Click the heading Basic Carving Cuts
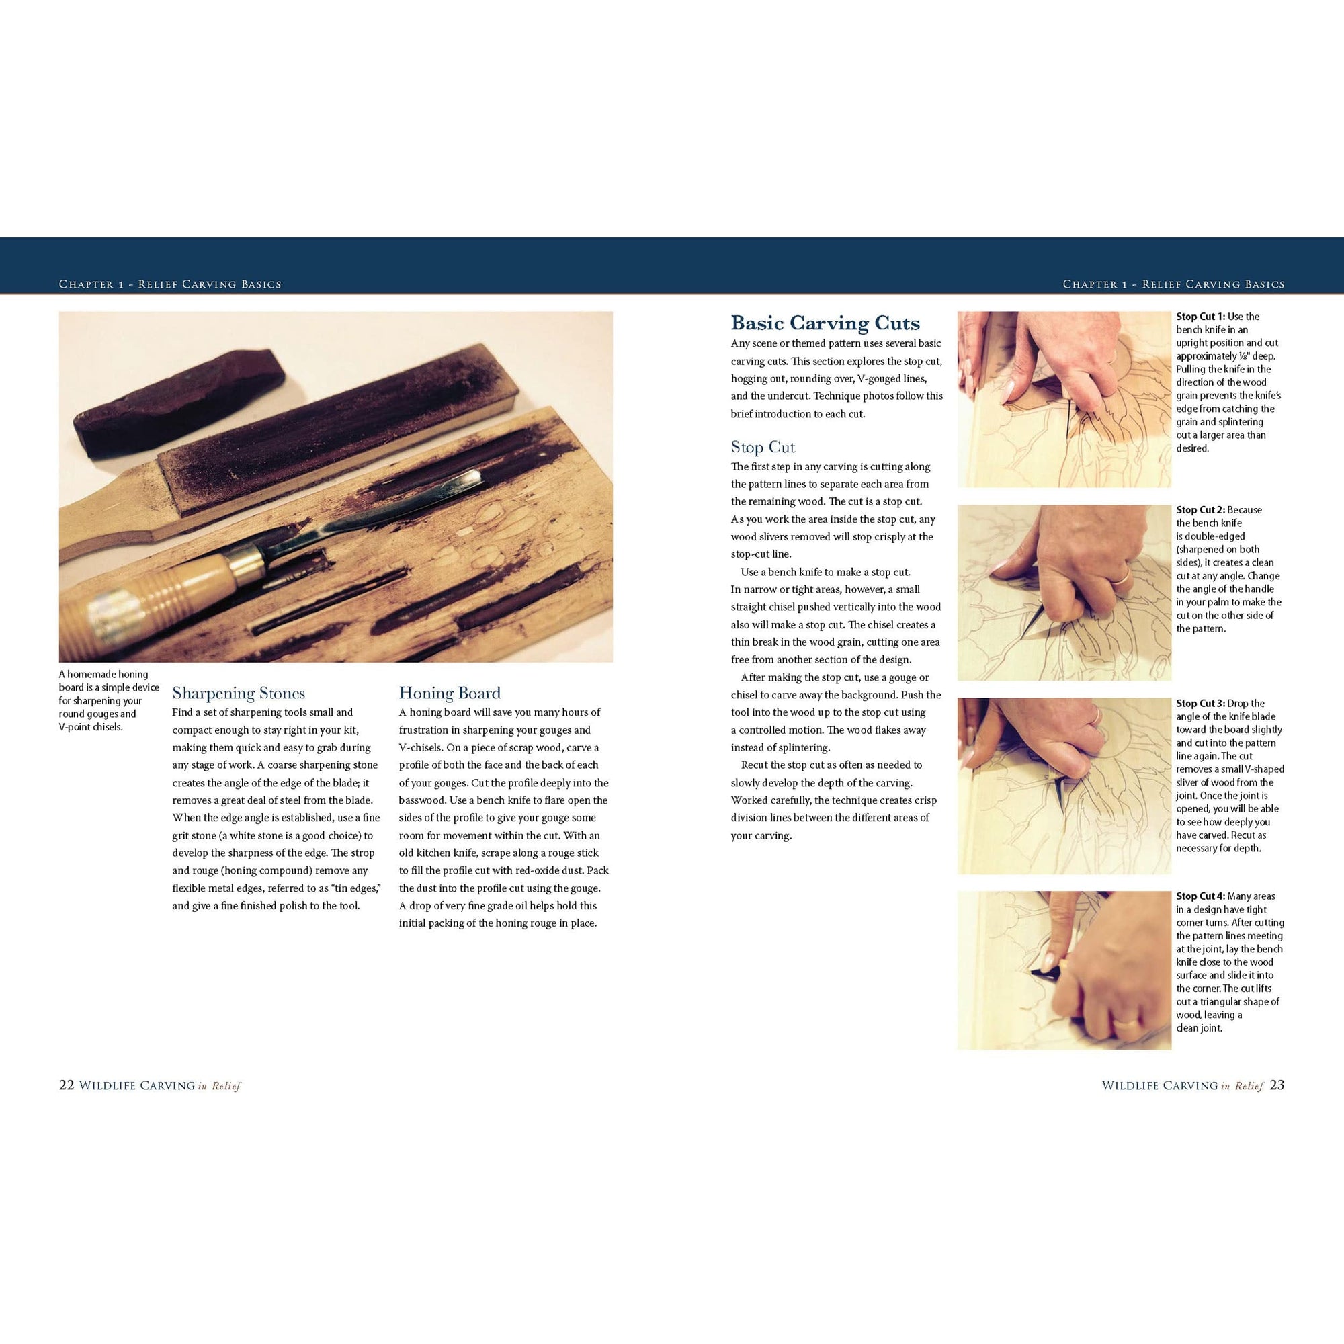[825, 323]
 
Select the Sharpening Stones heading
[239, 693]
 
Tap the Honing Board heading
[450, 693]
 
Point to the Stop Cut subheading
[763, 447]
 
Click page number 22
[66, 1085]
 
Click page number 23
[1277, 1085]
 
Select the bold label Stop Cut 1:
[1201, 317]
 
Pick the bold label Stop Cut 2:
[1201, 510]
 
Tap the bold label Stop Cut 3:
[1201, 704]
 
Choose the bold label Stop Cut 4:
[1201, 896]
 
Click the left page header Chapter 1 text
[170, 284]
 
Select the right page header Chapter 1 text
[1173, 284]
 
